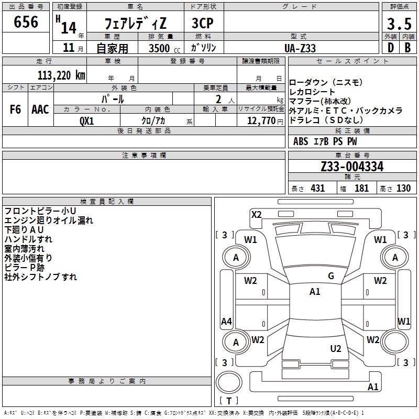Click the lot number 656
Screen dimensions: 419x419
pyautogui.click(x=26, y=22)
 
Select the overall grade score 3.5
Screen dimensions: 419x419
pyautogui.click(x=399, y=24)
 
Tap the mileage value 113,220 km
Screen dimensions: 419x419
pyautogui.click(x=61, y=75)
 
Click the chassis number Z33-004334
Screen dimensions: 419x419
pyautogui.click(x=352, y=167)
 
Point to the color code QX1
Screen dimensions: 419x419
pyautogui.click(x=87, y=120)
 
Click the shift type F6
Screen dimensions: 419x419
pyautogui.click(x=15, y=109)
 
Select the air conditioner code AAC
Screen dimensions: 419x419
pyautogui.click(x=40, y=109)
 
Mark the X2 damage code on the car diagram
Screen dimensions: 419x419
pyautogui.click(x=256, y=214)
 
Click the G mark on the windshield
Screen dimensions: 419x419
pyautogui.click(x=330, y=276)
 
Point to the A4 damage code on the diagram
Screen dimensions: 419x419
pyautogui.click(x=226, y=322)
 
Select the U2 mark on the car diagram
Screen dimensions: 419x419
pyautogui.click(x=336, y=349)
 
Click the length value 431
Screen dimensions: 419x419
pyautogui.click(x=317, y=189)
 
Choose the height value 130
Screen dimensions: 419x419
pyautogui.click(x=403, y=189)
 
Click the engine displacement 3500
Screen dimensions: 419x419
pyautogui.click(x=159, y=48)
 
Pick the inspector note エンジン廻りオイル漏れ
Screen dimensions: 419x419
pyautogui.click(x=49, y=220)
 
